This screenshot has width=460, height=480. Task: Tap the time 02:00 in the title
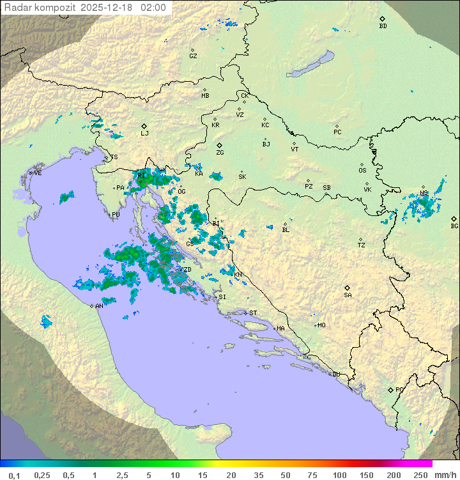pos(154,8)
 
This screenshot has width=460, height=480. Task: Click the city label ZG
pos(220,153)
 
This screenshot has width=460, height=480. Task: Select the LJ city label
pos(144,134)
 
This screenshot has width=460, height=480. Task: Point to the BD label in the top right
pos(383,26)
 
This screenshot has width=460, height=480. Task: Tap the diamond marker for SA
pos(348,288)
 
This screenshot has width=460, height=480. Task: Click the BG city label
pos(454,226)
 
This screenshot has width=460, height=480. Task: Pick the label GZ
pos(193,56)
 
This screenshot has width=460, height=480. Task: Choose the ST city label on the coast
pos(253,313)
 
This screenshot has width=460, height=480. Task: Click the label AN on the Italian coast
pos(99,306)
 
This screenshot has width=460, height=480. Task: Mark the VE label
pos(38,173)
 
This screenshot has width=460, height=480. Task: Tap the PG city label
pos(399,389)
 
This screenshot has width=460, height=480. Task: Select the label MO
pos(321,325)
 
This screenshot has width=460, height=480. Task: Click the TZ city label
pos(362,245)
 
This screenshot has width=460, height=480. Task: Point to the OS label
pos(362,171)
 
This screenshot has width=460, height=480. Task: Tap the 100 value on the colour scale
pos(339,475)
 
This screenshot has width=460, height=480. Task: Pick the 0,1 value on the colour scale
pos(14,475)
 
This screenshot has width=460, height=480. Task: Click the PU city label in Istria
pos(116,215)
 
